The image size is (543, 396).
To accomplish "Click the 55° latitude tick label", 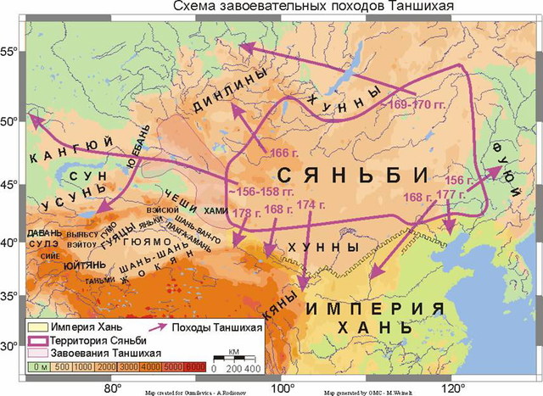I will pos(11,52).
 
